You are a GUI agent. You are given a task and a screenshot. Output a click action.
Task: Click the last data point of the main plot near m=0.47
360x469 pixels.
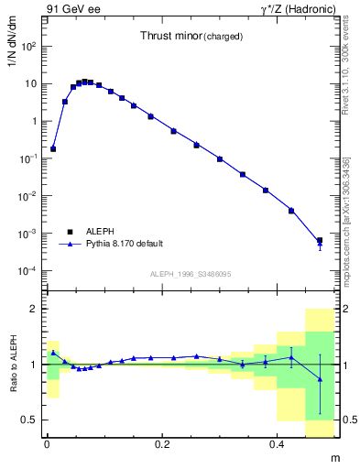coord(320,241)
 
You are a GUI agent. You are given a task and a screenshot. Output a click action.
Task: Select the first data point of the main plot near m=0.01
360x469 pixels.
coord(53,148)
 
